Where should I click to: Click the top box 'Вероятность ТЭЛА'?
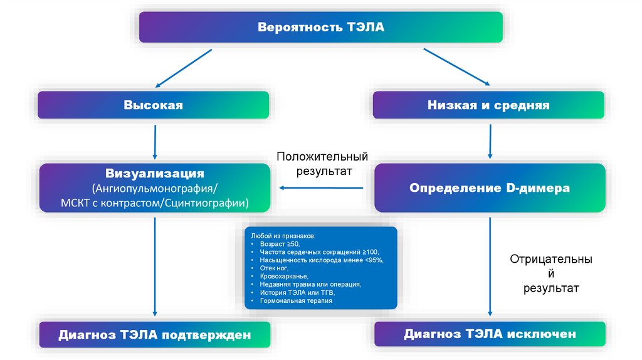[x=320, y=27]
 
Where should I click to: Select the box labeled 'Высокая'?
[x=154, y=105]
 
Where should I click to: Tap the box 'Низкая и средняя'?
[x=488, y=105]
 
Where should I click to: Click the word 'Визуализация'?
[x=155, y=173]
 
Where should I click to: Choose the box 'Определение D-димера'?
[x=490, y=188]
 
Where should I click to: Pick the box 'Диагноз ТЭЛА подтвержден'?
[x=155, y=335]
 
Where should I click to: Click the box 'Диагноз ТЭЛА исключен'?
[x=490, y=334]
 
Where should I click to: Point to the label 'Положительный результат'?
[x=322, y=163]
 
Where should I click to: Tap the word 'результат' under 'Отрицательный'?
[x=551, y=289]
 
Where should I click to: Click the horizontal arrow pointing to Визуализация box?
[x=321, y=187]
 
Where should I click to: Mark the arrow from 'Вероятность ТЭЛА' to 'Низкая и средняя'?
[x=456, y=66]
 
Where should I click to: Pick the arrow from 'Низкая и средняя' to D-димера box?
[x=490, y=141]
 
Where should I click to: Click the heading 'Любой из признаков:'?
[x=283, y=235]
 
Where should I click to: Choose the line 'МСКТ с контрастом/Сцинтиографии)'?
[x=155, y=203]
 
